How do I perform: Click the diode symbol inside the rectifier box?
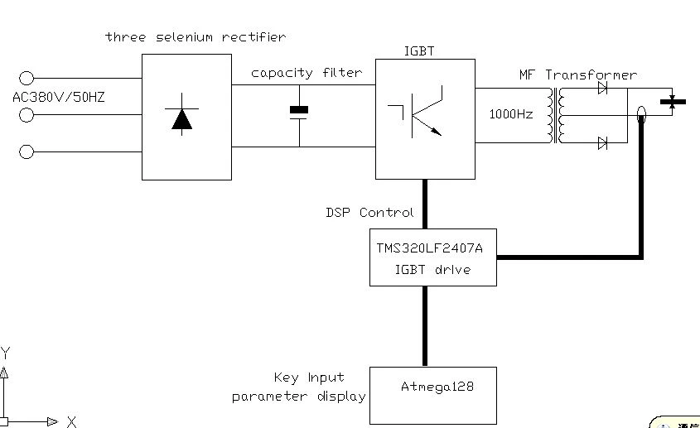click(x=181, y=114)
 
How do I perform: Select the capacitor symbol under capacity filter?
click(x=299, y=113)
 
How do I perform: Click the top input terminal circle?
click(x=27, y=78)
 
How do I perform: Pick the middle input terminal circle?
click(x=27, y=115)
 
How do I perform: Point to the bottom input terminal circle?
click(x=27, y=151)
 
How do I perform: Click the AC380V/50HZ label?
click(x=59, y=98)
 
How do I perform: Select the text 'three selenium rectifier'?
click(x=196, y=37)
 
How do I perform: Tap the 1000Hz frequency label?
click(x=511, y=114)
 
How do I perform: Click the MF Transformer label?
click(x=578, y=75)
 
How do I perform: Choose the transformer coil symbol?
click(x=556, y=115)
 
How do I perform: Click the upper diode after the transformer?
click(x=603, y=88)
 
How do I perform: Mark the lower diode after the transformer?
click(x=603, y=143)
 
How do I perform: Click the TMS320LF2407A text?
click(x=429, y=248)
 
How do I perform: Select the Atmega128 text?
click(x=437, y=387)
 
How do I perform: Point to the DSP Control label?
click(x=369, y=213)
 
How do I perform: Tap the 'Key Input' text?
click(x=309, y=378)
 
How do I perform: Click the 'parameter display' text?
click(x=299, y=397)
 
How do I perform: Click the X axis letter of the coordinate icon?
click(x=71, y=421)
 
